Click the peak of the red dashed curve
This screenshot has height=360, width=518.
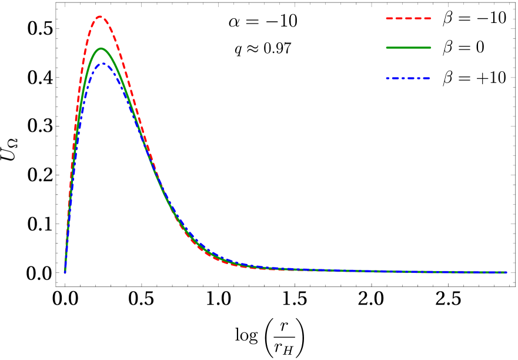pos(99,16)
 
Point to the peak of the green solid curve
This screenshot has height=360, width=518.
pos(101,48)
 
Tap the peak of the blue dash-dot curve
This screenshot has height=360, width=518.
pos(103,63)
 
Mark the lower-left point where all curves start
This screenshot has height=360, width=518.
pos(65,272)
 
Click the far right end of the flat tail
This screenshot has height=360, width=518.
pos(506,272)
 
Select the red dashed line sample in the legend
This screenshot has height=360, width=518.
pos(408,19)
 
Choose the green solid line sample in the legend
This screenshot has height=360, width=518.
pos(408,48)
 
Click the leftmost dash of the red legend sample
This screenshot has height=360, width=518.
pos(389,19)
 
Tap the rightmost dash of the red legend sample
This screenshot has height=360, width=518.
pos(427,19)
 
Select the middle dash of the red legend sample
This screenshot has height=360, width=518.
pos(408,19)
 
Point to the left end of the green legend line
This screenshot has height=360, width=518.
pos(387,48)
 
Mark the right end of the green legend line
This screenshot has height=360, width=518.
pos(430,48)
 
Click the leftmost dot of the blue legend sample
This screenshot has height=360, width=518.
pos(387,78)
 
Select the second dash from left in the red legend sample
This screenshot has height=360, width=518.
pos(399,19)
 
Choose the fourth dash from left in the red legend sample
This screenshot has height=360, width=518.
pos(417,19)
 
